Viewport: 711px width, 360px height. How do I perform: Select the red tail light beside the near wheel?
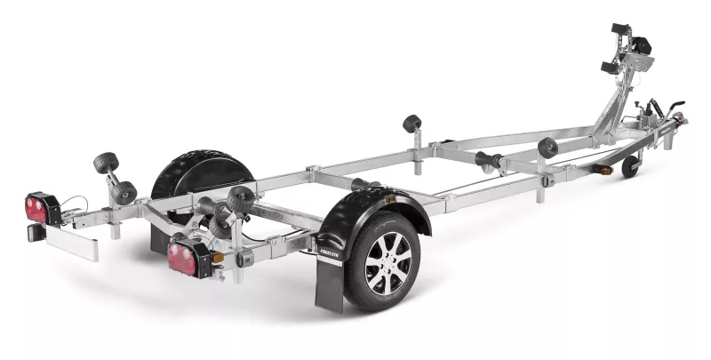pyautogui.click(x=183, y=258)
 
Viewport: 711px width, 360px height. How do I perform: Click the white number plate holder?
pyautogui.click(x=71, y=242)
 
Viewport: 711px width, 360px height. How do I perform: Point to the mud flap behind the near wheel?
pyautogui.click(x=330, y=284)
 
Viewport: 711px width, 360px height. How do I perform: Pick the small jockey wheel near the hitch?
pyautogui.click(x=630, y=166)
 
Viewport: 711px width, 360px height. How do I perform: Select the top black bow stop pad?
pyautogui.click(x=620, y=29)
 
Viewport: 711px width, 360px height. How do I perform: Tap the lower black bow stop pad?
pyautogui.click(x=609, y=68)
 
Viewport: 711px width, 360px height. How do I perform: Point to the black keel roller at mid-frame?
pyautogui.click(x=487, y=161)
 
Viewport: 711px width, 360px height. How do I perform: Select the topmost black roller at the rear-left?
pyautogui.click(x=105, y=164)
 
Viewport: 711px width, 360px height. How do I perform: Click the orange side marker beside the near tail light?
pyautogui.click(x=217, y=258)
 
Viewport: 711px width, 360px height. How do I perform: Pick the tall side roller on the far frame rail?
pyautogui.click(x=412, y=124)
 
